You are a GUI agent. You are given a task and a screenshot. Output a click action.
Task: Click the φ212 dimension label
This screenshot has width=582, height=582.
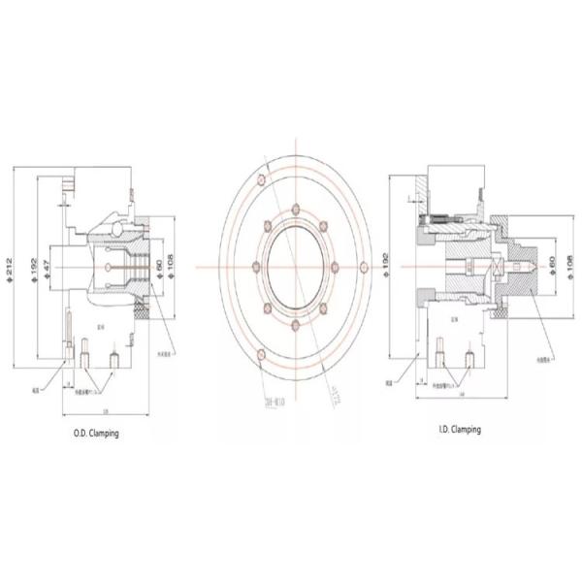9,267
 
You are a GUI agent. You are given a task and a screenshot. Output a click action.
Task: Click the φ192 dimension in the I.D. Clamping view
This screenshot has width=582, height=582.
387,268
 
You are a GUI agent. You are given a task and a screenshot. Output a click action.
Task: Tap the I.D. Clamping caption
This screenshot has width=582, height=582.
458,428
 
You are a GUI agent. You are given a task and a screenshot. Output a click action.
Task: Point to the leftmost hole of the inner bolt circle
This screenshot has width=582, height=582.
252,267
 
